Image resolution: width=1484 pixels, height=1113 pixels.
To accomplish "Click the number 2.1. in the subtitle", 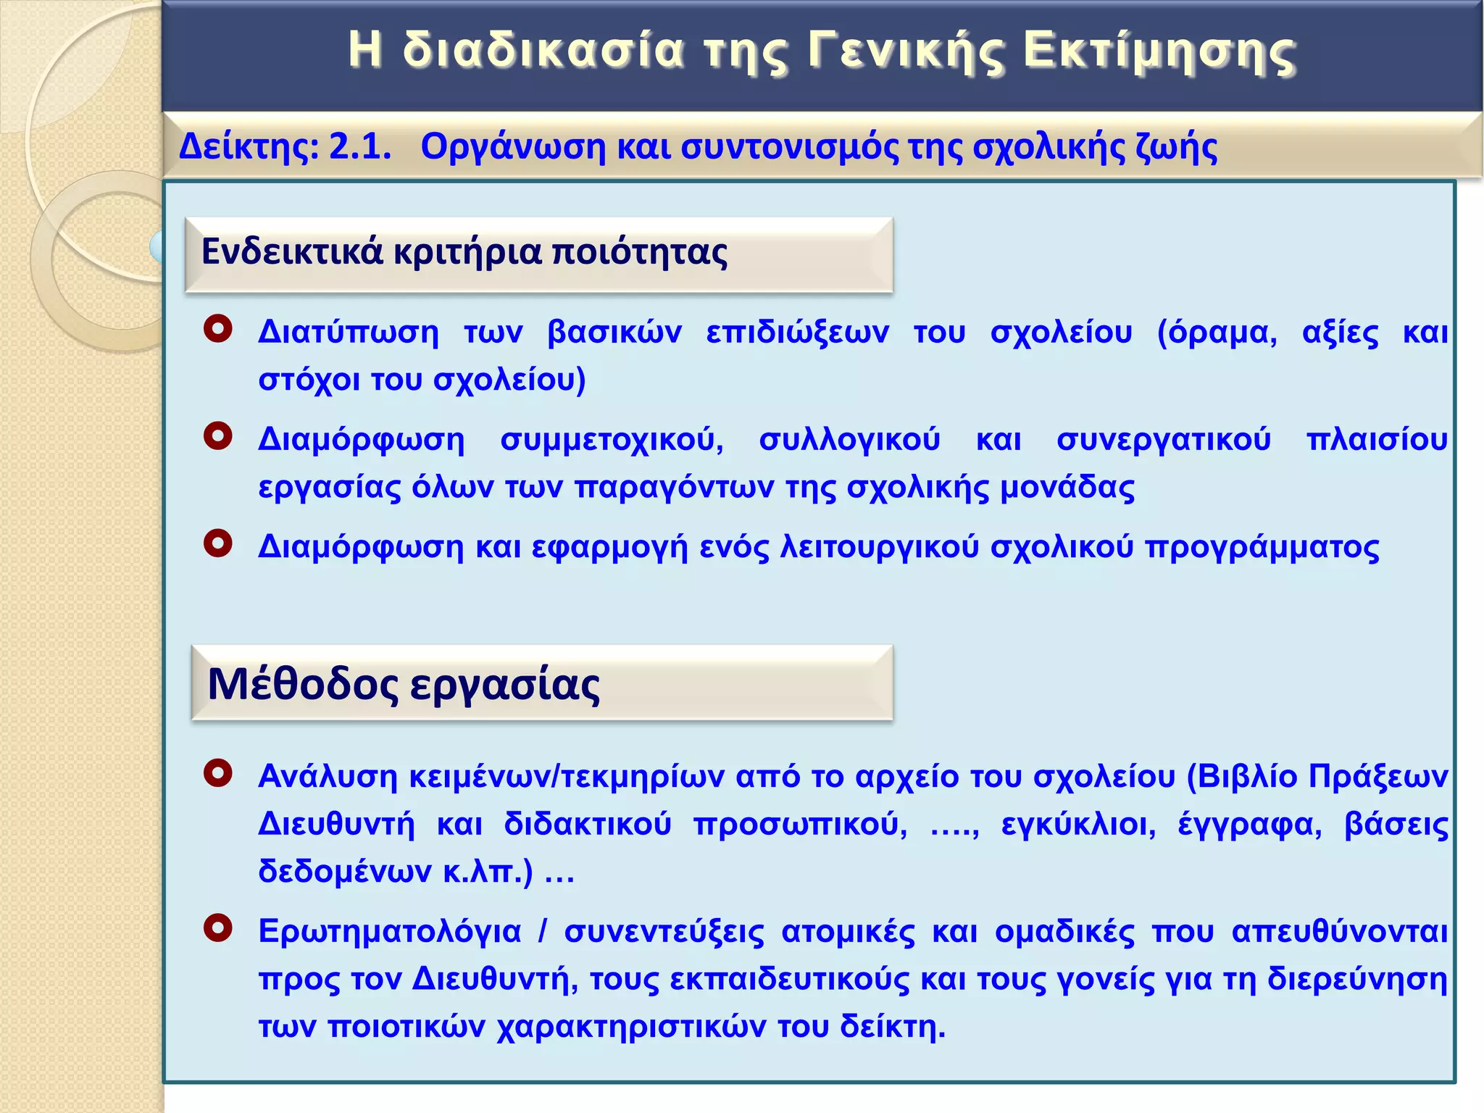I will point(360,146).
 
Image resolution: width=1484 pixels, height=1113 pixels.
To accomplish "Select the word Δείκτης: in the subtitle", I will point(249,146).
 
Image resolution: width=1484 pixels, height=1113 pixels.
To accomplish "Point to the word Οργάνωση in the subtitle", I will point(512,148).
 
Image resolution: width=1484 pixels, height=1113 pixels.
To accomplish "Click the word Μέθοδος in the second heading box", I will point(303,684).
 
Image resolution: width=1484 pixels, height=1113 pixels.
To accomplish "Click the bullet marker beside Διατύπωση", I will point(218,329).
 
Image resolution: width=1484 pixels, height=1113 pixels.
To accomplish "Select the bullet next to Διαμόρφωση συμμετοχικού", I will point(218,436).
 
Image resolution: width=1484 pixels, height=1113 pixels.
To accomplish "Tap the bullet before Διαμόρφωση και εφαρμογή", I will point(218,543).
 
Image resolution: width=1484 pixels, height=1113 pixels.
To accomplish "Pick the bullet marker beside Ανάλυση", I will point(218,772).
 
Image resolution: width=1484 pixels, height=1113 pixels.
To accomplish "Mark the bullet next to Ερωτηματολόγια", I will point(218,927).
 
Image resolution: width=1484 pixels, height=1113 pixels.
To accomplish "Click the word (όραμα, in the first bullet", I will point(1217,333).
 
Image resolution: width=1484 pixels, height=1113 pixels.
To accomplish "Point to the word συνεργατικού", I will point(1164,440).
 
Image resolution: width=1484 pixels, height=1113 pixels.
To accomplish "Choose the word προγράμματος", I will point(1262,548).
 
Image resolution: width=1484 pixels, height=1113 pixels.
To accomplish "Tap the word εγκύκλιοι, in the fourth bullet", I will point(1078,825).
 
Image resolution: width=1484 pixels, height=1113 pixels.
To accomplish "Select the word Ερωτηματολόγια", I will point(390,932).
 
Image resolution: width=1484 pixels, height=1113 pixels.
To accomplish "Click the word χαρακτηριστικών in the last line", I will point(631,1027).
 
